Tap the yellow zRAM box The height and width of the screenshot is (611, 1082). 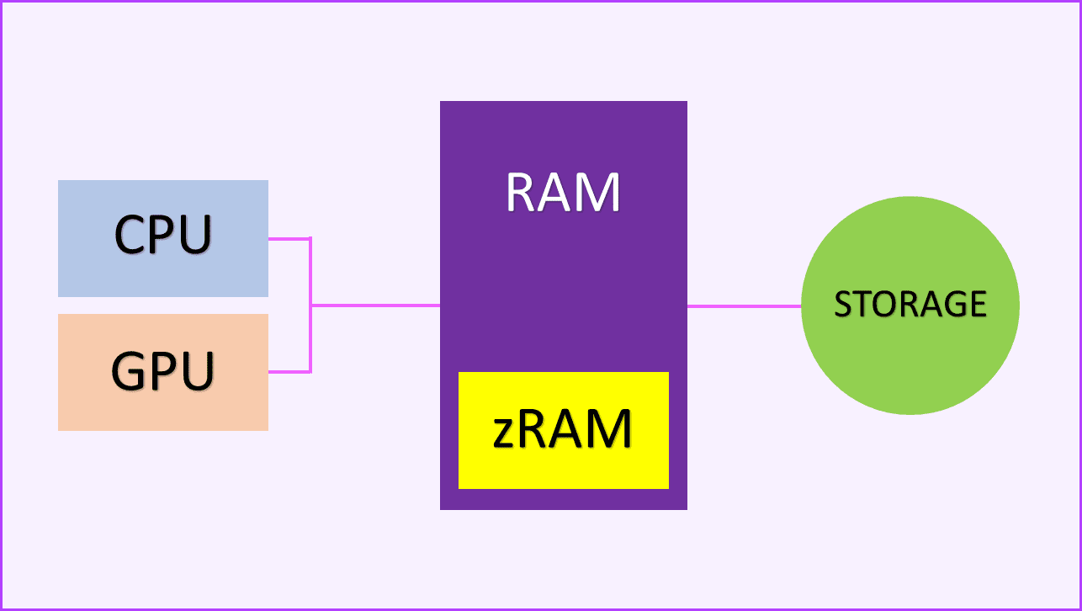563,467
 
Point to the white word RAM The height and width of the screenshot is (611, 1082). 563,192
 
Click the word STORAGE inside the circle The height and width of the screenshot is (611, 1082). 910,304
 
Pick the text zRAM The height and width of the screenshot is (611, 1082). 563,429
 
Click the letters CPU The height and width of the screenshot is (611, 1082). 162,236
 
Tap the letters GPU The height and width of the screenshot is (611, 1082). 162,370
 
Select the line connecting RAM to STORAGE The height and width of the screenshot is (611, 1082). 744,306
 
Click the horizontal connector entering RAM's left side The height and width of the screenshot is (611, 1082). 375,305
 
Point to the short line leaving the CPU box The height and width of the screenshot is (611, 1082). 289,239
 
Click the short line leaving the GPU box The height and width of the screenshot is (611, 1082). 289,372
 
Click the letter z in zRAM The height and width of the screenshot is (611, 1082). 505,433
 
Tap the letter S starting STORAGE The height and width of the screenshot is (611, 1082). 842,305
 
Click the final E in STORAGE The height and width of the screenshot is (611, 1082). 978,304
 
